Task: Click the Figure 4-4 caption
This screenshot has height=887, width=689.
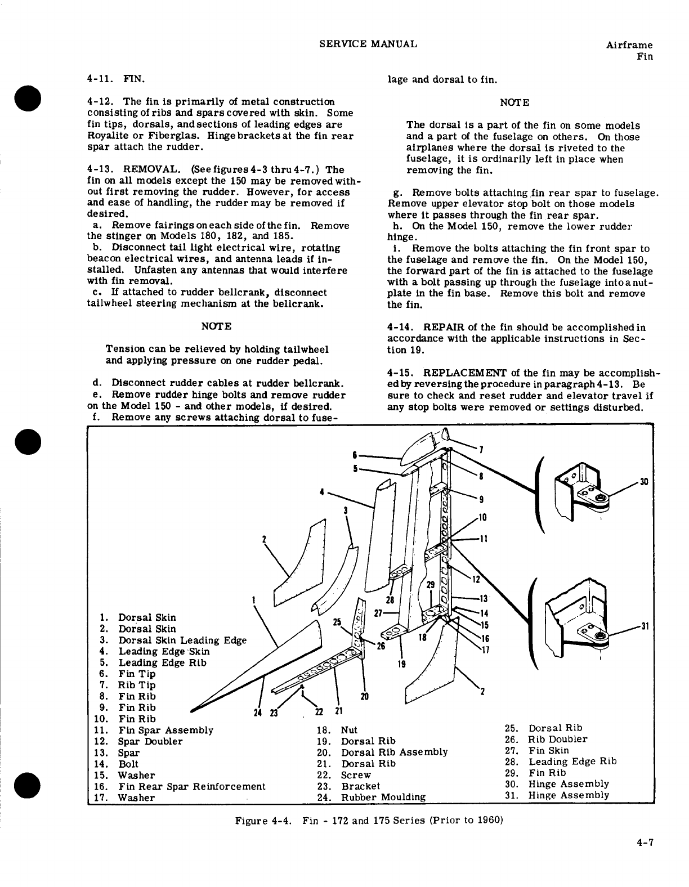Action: (x=368, y=820)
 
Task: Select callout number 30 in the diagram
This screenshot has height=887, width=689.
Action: (x=645, y=481)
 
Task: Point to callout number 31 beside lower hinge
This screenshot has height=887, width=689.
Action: (x=645, y=626)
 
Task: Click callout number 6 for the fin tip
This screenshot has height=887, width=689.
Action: (x=355, y=454)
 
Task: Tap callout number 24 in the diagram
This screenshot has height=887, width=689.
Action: (x=258, y=713)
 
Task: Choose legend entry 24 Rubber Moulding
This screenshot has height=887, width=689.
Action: (x=372, y=797)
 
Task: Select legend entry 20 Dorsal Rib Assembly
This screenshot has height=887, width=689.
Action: (x=383, y=752)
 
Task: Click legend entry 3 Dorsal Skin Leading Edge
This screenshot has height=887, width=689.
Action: (x=173, y=640)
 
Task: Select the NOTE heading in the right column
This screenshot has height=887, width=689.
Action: (x=514, y=102)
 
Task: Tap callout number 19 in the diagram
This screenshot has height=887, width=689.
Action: (x=401, y=664)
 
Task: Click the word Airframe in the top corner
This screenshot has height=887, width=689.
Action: (x=630, y=45)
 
